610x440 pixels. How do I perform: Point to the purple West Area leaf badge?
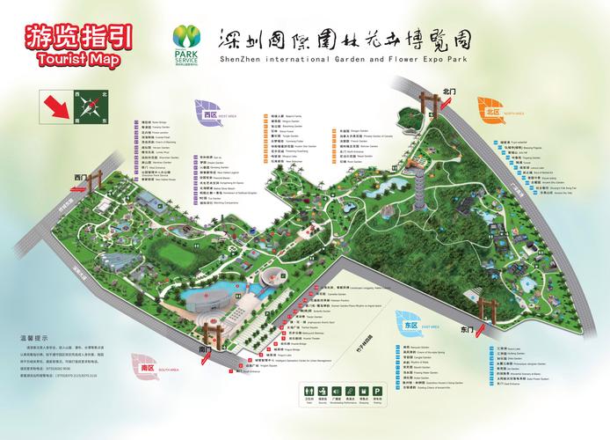[x=208, y=114]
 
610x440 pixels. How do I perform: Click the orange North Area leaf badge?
[x=491, y=111]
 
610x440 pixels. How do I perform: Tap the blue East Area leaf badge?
[x=409, y=326]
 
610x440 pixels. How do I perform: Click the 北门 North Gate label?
[x=451, y=91]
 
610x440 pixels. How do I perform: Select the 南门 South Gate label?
[x=205, y=350]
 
